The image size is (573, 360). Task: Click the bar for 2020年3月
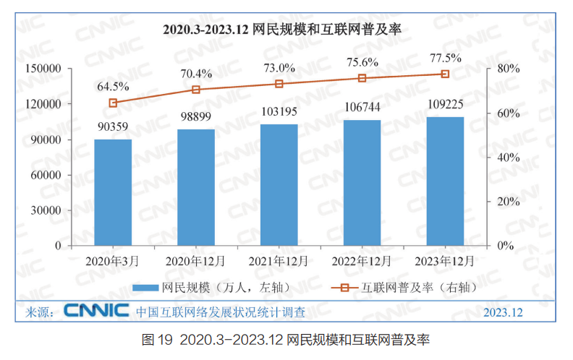coord(113,192)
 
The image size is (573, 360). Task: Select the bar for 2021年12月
coord(279,185)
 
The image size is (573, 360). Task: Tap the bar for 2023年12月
coord(445,181)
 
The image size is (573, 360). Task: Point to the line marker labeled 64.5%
coord(113,103)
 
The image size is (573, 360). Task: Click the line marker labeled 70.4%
coord(196,90)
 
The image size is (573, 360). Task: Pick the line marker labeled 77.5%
coord(445,74)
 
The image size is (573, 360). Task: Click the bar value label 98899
coord(196,119)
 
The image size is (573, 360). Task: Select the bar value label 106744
coord(362,107)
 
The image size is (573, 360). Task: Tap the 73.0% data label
coord(279,69)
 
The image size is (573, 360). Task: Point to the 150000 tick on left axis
coord(44,68)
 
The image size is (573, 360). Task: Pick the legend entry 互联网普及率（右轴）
coord(412,288)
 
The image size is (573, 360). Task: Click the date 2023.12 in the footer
coord(503,313)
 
